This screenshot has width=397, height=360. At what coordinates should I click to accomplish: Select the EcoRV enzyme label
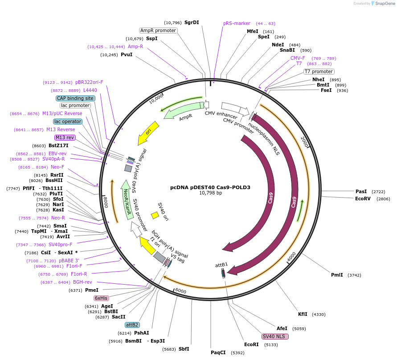(x=363, y=199)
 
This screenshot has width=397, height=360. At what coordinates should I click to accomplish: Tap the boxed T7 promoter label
(x=319, y=71)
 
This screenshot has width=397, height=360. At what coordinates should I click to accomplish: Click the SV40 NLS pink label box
(x=275, y=336)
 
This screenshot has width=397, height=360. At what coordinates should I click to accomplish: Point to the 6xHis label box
(x=101, y=298)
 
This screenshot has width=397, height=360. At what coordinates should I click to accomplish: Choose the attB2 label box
(x=132, y=325)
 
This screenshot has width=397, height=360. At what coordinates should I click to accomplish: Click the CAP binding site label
(x=75, y=98)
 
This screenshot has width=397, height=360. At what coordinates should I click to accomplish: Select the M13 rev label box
(x=65, y=137)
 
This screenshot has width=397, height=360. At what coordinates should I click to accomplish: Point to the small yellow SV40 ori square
(x=155, y=215)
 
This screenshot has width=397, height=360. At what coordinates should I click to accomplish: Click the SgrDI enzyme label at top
(x=192, y=22)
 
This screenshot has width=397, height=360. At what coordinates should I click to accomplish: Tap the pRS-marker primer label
(x=237, y=23)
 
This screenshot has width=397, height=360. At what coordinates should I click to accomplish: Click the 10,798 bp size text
(x=210, y=193)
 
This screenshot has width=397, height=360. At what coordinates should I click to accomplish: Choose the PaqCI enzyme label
(x=218, y=352)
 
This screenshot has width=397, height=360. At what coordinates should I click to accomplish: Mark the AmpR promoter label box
(x=158, y=30)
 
